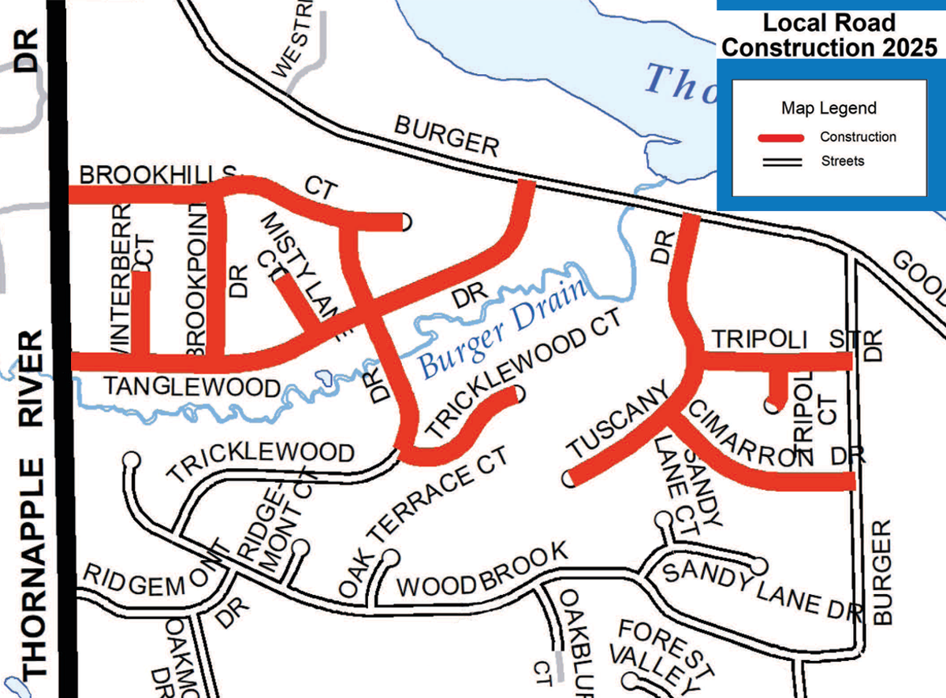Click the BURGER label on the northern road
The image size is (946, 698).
pyautogui.click(x=447, y=136)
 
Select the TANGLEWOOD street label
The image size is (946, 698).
pyautogui.click(x=192, y=387)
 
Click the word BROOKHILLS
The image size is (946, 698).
pyautogui.click(x=158, y=174)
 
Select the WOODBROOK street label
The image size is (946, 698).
pyautogui.click(x=481, y=573)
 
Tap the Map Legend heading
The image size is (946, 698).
pyautogui.click(x=829, y=108)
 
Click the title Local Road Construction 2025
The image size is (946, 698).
pyautogui.click(x=829, y=35)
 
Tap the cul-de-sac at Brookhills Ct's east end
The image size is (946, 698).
pyautogui.click(x=405, y=222)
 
